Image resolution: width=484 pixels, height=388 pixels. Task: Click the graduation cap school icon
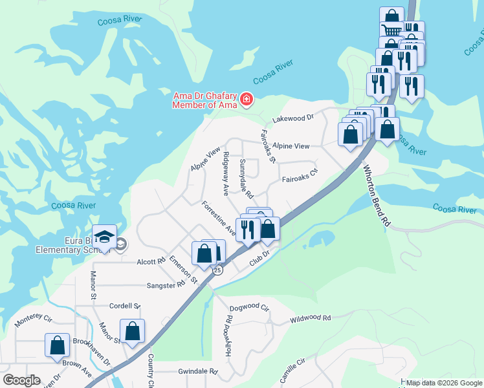point(104,237)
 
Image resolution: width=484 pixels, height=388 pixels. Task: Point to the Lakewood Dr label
point(292,118)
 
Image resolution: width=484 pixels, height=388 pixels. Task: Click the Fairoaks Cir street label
point(300,175)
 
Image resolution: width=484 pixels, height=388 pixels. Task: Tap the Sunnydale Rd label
point(246,178)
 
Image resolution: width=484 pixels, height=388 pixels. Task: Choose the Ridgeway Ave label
point(225,174)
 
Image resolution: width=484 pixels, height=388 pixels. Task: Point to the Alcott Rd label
point(151,262)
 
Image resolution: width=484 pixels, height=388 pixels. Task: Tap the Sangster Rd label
point(166,285)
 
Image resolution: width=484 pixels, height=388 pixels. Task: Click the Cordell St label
point(125,306)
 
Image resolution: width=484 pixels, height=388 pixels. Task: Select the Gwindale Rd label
point(197,372)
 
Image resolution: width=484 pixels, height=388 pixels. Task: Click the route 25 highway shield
point(217,270)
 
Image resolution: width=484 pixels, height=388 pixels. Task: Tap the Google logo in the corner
point(21,380)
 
